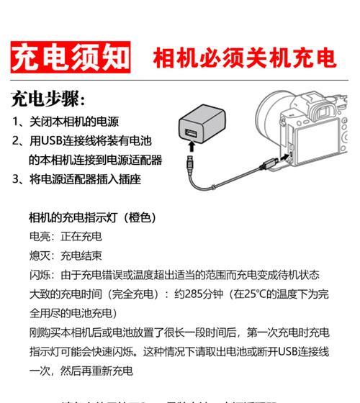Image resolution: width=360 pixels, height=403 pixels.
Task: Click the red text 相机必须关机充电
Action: coord(244,57)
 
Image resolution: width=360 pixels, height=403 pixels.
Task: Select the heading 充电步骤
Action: coord(48,99)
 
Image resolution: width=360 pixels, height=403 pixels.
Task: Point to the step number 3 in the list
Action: coord(16,178)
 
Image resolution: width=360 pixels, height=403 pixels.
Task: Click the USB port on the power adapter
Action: coord(192,132)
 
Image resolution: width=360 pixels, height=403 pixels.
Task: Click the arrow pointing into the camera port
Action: coord(284,153)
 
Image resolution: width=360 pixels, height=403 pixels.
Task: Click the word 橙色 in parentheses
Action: coord(140,217)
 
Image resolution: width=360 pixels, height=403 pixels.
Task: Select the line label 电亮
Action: coord(40,236)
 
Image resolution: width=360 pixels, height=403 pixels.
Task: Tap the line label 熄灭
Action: coord(40,255)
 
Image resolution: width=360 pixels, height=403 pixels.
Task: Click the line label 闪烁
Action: coord(40,274)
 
